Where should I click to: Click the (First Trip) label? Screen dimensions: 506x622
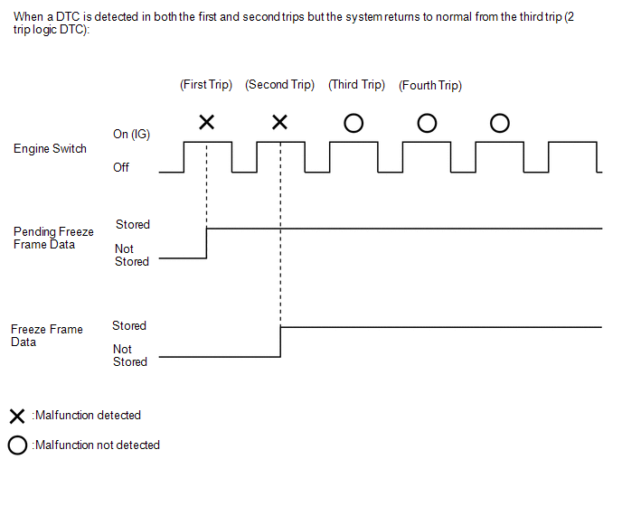point(206,85)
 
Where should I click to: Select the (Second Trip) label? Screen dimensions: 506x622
point(280,85)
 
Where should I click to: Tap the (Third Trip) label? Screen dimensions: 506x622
point(357,85)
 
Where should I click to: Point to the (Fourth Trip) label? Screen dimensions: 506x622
point(430,86)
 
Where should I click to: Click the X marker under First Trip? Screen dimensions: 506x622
point(206,122)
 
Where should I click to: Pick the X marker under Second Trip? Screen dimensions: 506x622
point(280,122)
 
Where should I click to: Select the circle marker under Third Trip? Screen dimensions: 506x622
point(353,122)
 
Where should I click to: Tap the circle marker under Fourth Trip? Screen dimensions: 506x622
point(427,122)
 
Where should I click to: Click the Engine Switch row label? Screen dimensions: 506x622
point(50,149)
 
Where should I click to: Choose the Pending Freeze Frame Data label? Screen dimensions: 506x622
point(53,238)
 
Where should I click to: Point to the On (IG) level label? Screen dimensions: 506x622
point(131,135)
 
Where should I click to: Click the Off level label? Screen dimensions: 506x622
point(121,167)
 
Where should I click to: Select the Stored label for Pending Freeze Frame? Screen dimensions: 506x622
point(133,224)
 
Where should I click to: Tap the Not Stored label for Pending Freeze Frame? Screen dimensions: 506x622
point(131,255)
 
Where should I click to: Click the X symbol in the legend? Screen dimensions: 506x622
point(16,417)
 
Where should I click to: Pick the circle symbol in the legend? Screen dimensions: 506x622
point(16,445)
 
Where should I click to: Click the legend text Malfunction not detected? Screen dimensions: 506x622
point(97,445)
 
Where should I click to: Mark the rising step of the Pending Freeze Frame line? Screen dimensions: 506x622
point(207,243)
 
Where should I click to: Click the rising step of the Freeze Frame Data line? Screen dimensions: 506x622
point(281,342)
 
